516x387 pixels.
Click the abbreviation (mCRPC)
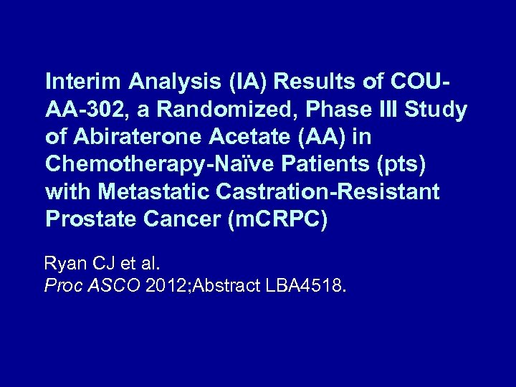pos(277,219)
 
